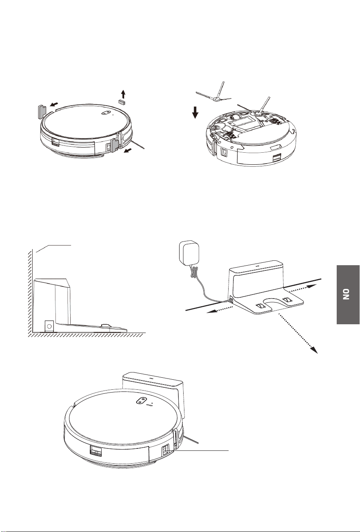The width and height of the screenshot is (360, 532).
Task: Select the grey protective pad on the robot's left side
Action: (x=43, y=111)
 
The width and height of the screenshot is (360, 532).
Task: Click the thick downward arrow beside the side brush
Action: (x=195, y=113)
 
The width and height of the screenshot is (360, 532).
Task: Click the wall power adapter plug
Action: (x=189, y=253)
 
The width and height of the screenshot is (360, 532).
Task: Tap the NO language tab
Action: (x=348, y=295)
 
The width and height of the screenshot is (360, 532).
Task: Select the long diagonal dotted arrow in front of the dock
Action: (x=298, y=333)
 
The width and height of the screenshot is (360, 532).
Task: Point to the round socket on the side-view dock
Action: (x=49, y=326)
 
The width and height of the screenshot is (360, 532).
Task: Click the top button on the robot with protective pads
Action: (x=106, y=113)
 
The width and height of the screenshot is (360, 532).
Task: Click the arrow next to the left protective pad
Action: (x=54, y=104)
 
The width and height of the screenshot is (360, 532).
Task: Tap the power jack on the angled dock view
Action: (x=230, y=301)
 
